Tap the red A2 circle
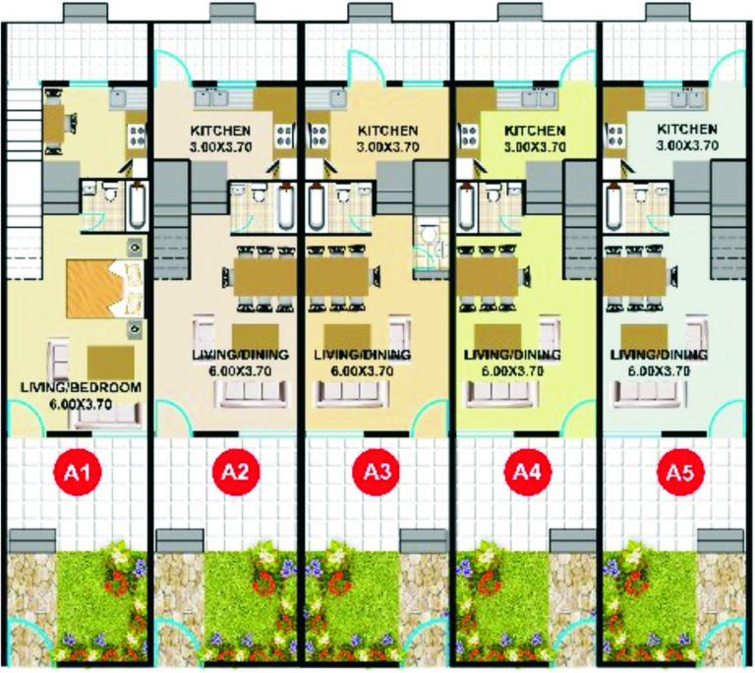(x=233, y=474)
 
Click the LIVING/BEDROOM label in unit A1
(x=81, y=387)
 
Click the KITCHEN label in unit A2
(x=219, y=131)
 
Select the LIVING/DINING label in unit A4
(x=512, y=354)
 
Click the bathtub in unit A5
(x=612, y=206)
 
